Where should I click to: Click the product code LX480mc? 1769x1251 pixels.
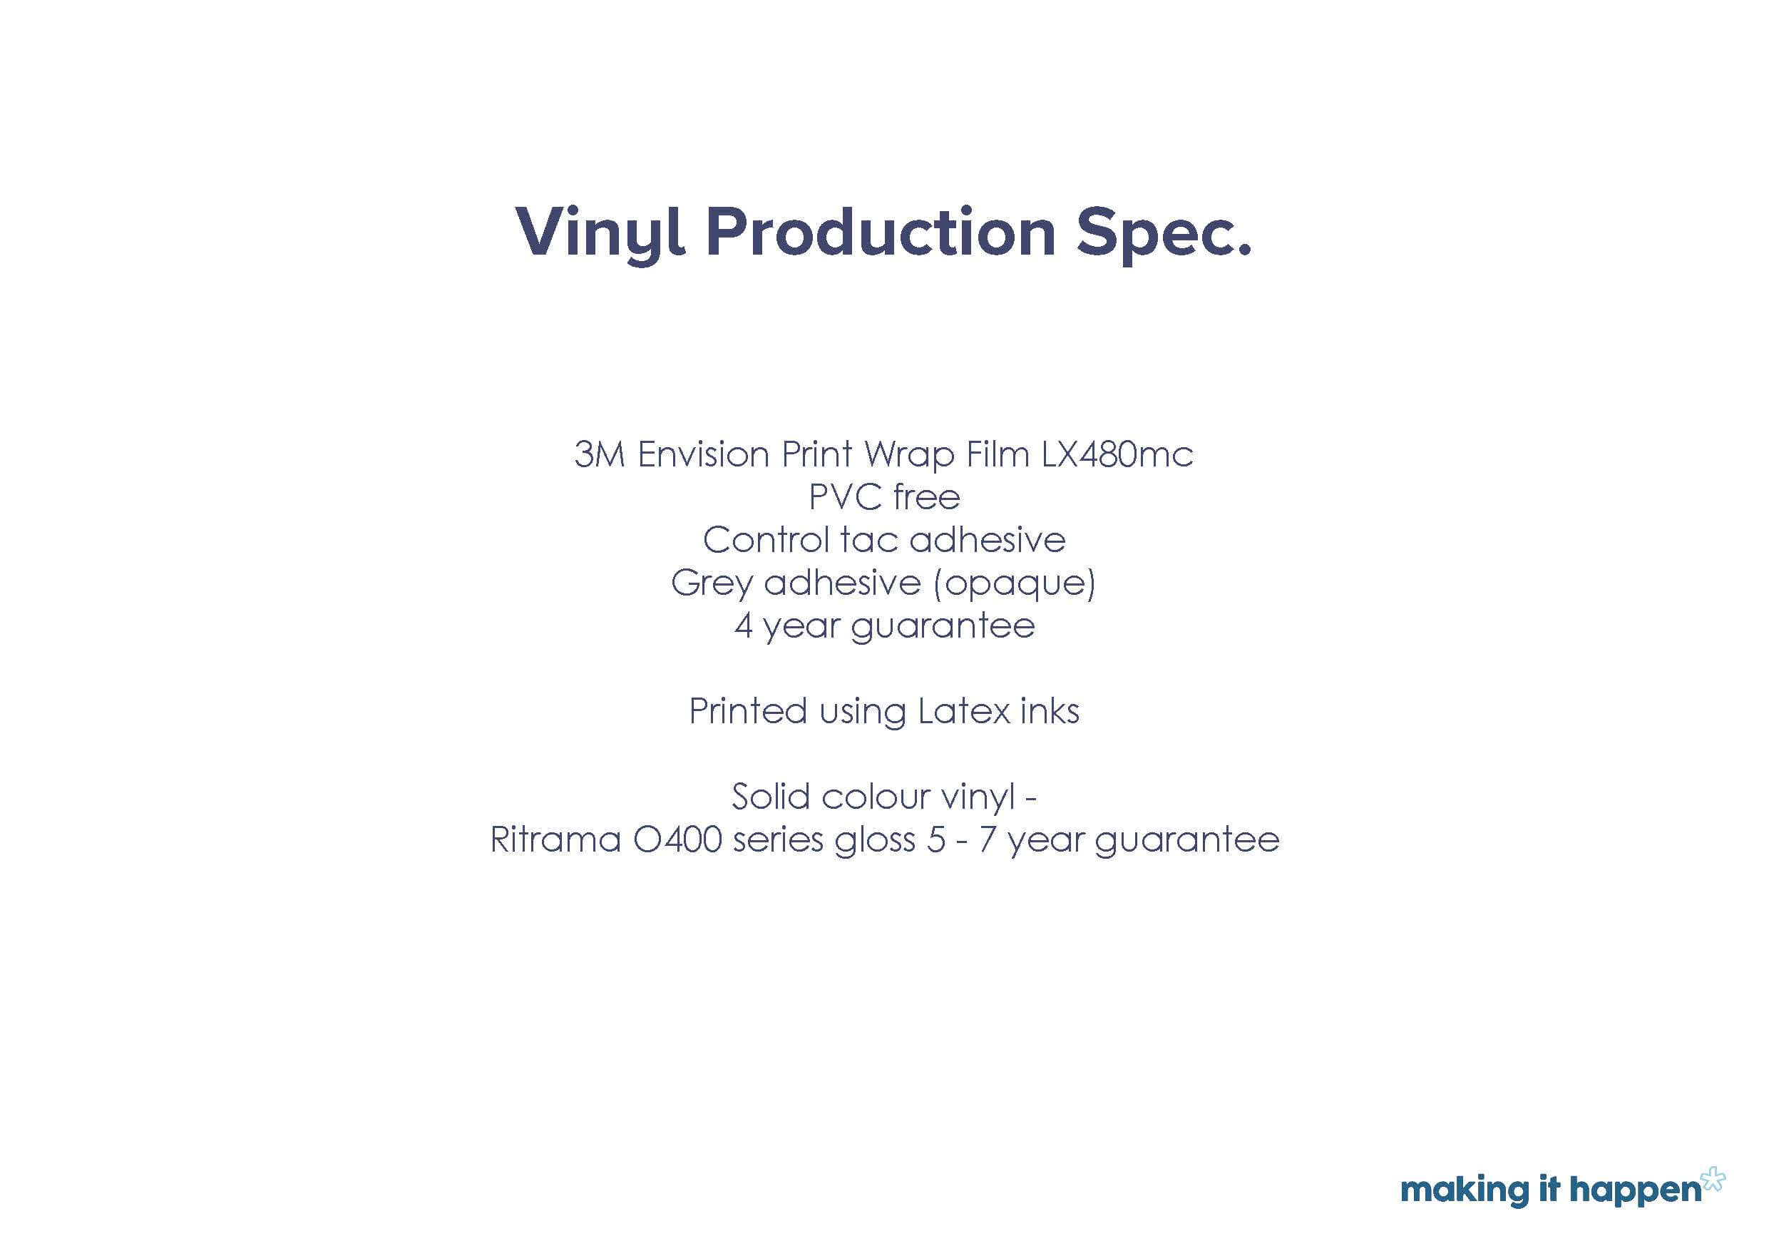coord(1117,454)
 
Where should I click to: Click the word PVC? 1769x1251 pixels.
coord(845,497)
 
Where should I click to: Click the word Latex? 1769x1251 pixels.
coord(963,710)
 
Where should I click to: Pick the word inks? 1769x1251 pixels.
coord(1050,710)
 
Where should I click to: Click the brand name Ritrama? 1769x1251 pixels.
coord(555,839)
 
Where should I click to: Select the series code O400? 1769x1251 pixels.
coord(677,839)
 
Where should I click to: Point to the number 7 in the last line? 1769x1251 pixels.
coord(987,839)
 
